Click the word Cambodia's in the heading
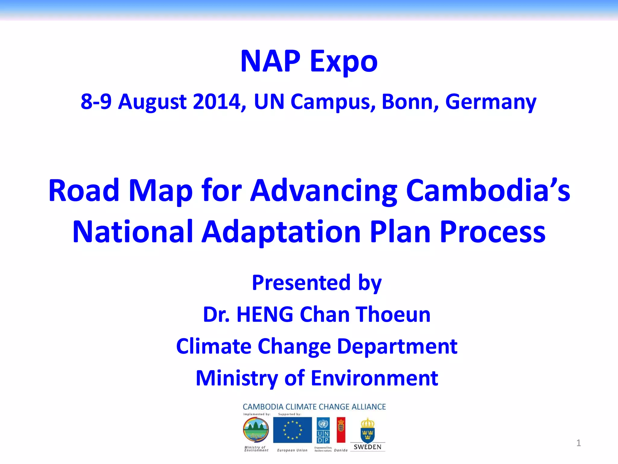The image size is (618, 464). [488, 191]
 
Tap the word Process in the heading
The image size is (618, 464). [492, 232]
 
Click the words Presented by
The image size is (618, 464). [317, 283]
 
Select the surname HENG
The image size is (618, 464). [265, 314]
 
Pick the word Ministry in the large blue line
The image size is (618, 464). [237, 378]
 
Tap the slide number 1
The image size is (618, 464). [578, 443]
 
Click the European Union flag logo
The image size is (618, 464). [292, 430]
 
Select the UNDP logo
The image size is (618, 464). [323, 430]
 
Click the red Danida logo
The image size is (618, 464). [341, 430]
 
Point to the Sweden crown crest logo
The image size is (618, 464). [367, 430]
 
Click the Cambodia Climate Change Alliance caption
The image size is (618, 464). [314, 407]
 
